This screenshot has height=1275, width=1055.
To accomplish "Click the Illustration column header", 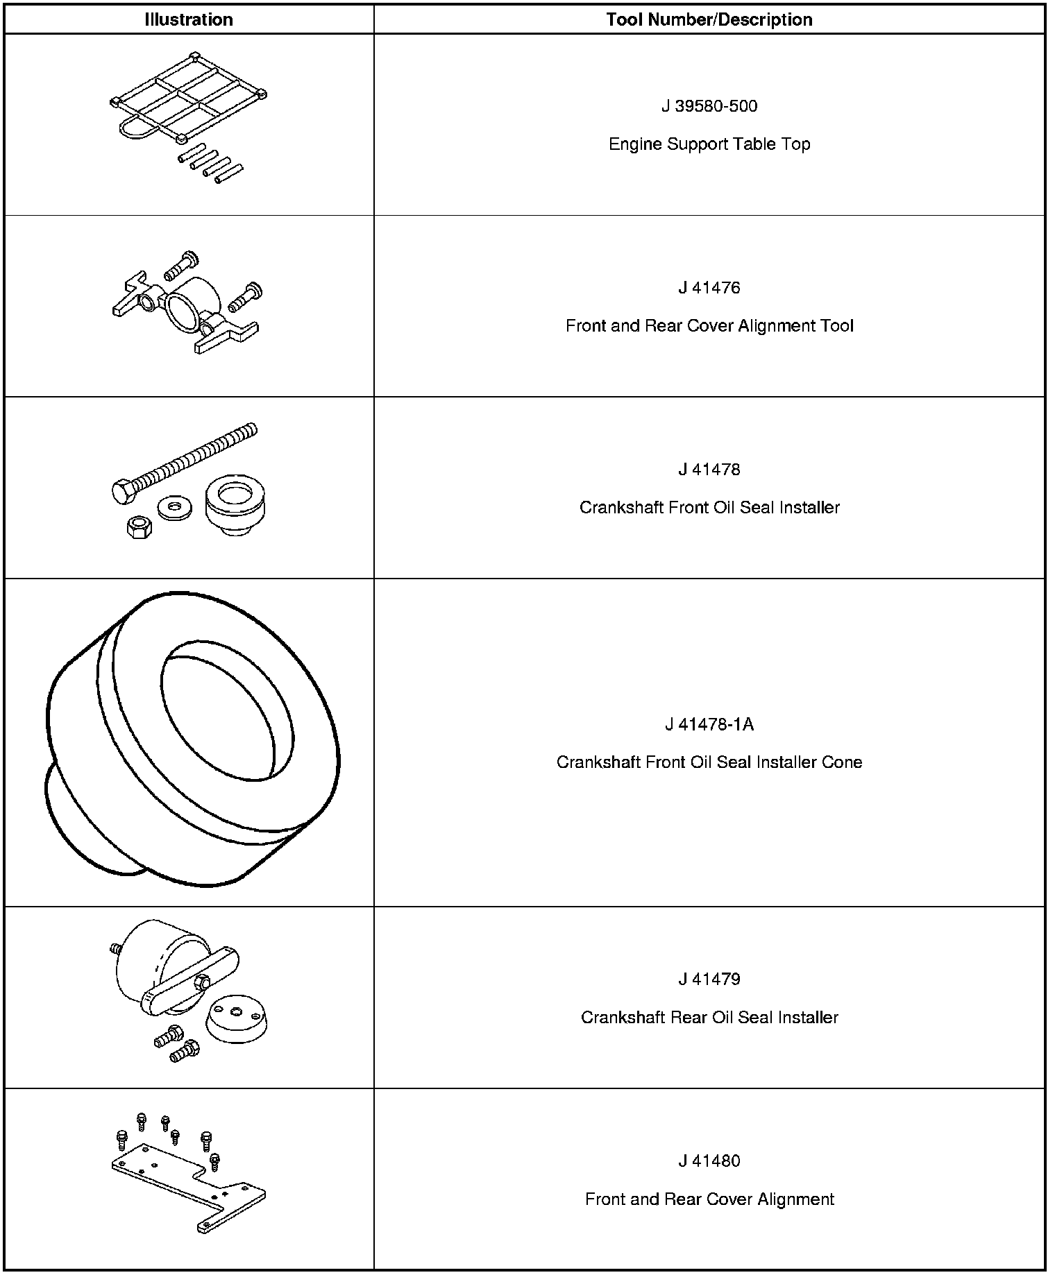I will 189,19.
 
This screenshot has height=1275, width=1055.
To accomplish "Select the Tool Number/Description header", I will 709,19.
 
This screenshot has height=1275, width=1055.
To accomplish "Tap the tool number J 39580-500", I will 709,106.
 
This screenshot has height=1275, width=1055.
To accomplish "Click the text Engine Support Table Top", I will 709,144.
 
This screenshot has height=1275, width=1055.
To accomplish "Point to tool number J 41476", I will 709,288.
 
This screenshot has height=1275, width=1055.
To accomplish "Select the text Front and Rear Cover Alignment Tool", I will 709,326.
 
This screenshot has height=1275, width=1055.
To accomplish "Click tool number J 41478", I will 709,470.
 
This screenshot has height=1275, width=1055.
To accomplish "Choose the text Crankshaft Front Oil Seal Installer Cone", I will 709,762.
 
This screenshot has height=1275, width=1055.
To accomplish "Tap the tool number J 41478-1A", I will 709,725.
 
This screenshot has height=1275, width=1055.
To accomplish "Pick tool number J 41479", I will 709,979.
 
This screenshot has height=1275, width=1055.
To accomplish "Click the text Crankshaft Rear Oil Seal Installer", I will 709,1018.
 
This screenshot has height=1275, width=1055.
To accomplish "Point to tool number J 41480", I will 709,1161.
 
